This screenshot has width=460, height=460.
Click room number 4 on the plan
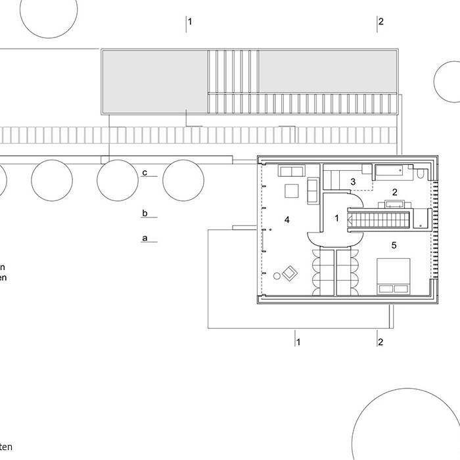coord(287,220)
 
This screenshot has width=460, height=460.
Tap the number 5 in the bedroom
coord(394,245)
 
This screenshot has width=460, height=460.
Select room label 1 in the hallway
coord(336,218)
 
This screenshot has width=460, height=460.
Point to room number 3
coord(353,181)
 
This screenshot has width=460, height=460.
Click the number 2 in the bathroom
coord(394,192)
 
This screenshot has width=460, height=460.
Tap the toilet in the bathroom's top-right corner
coord(421,174)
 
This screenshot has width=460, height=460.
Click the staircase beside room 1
coord(378,218)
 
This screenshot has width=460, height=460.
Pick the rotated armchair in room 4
coord(289,272)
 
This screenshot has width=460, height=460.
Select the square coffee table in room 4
coord(291,191)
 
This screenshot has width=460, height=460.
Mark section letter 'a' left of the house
coord(145,238)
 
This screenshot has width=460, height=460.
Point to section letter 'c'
coord(145,173)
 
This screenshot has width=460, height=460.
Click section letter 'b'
coord(145,213)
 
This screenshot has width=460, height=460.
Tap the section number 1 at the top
coord(190,22)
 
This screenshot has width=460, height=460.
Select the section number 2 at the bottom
coord(380,342)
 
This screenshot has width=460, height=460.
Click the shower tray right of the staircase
coord(421,218)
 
